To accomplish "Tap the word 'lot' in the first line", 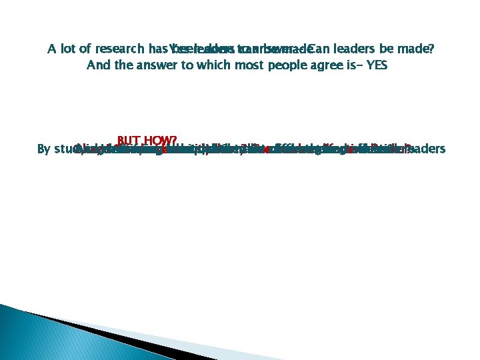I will [72, 49].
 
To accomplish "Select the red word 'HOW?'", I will [160, 141].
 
